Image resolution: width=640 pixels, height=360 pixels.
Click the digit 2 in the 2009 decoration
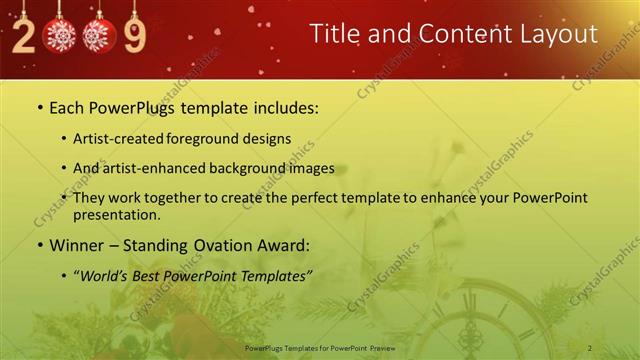pos(22,35)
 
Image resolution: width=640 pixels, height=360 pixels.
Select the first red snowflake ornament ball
pos(60,36)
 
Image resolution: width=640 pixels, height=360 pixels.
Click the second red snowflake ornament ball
pos(98,36)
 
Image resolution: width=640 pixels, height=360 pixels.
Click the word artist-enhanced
pos(158,168)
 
